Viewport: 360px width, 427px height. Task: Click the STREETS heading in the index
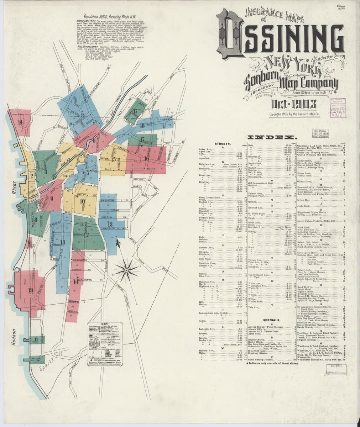(223, 144)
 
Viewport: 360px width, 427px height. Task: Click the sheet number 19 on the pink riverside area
(31, 290)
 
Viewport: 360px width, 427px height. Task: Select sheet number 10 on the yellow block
(82, 201)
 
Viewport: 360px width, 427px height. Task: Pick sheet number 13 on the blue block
(110, 224)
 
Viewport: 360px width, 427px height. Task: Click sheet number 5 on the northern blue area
(82, 114)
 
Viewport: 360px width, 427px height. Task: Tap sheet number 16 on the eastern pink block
(147, 158)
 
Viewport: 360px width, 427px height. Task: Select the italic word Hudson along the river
(14, 337)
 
